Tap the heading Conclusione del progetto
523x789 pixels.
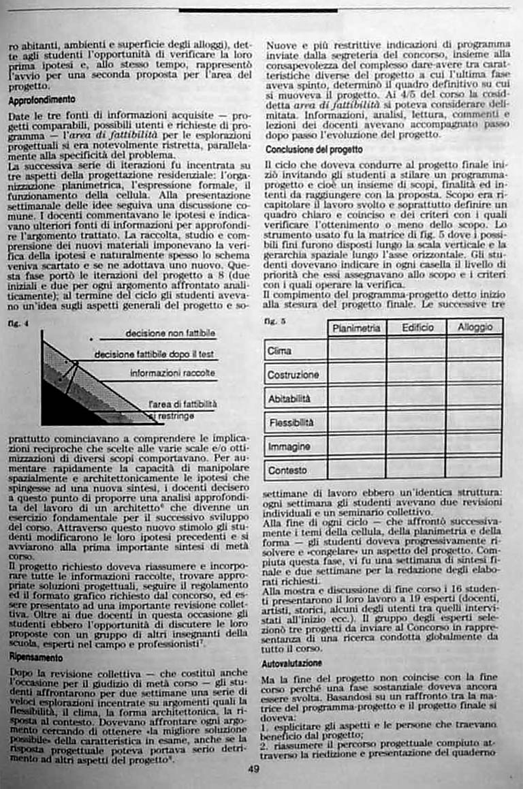pos(314,149)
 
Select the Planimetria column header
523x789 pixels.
pos(356,328)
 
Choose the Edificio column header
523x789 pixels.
pos(417,328)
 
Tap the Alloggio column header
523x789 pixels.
pos(475,328)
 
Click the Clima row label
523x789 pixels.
pos(280,351)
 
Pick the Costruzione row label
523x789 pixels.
pos(294,375)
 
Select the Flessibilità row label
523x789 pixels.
pos(291,422)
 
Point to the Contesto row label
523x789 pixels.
pos(287,470)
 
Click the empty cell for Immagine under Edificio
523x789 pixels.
pos(416,446)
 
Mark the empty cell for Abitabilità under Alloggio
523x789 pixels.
pos(475,399)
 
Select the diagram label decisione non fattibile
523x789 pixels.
pos(170,333)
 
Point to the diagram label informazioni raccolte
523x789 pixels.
pos(172,373)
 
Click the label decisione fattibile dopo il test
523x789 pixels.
pos(155,354)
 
